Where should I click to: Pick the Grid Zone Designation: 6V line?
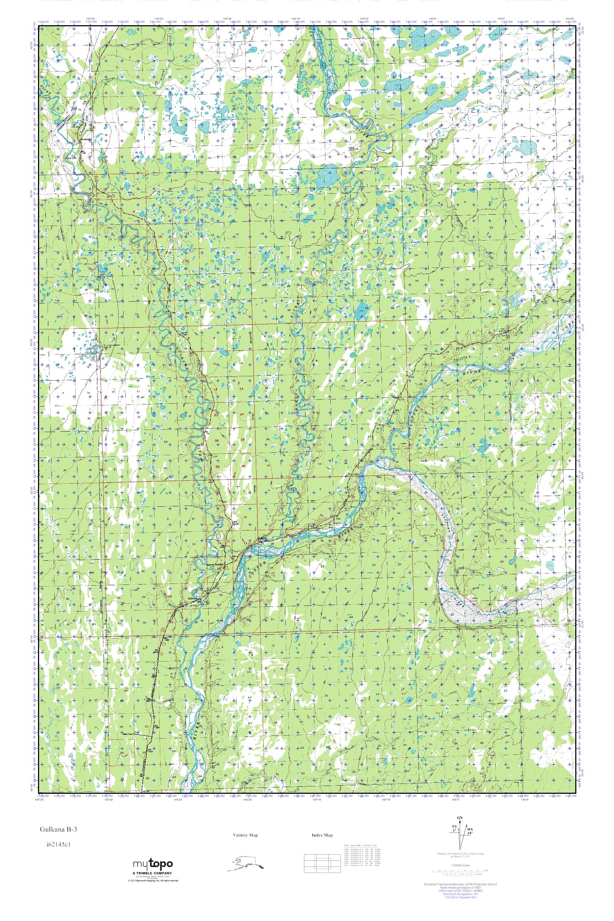(x=460, y=913)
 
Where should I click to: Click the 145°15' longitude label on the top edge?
(x=296, y=18)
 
